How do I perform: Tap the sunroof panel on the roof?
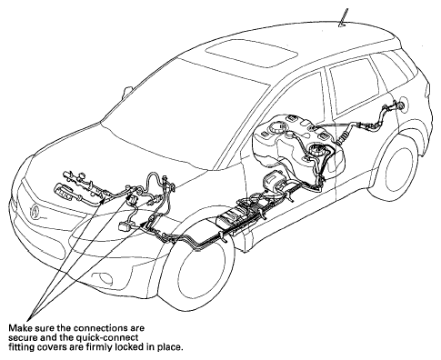tap(251, 54)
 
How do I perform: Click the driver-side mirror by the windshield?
tap(126, 93)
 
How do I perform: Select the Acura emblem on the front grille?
tap(35, 211)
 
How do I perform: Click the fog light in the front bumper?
tap(102, 277)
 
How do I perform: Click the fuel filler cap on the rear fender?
tap(401, 105)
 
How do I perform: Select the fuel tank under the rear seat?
tap(298, 147)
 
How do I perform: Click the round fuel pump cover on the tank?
tap(316, 150)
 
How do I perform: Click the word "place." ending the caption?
tap(171, 347)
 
